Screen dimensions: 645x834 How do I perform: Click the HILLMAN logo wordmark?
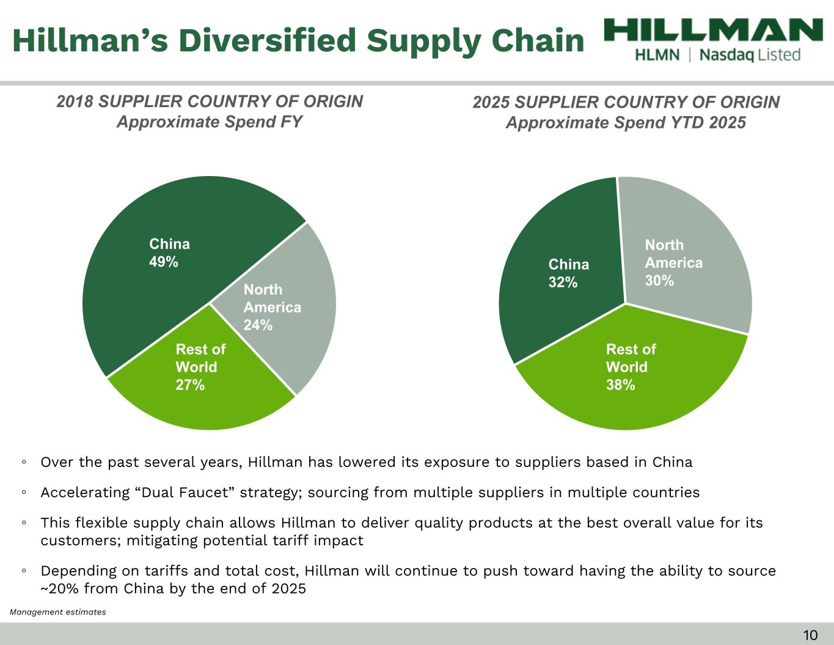point(713,30)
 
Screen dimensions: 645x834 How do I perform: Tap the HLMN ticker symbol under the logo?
point(657,55)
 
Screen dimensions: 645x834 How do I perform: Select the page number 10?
point(810,635)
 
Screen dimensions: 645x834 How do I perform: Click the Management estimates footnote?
point(58,612)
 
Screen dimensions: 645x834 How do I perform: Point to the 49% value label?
point(164,262)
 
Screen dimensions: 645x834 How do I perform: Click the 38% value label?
point(620,385)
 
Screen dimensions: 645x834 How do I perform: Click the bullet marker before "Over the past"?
point(23,462)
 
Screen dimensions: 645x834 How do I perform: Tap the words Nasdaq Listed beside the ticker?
point(750,55)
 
